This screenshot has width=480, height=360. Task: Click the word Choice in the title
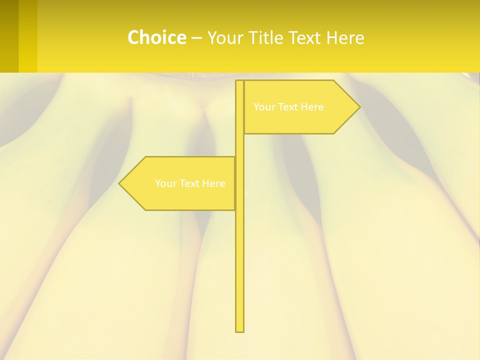click(156, 37)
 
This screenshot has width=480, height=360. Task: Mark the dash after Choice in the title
click(196, 38)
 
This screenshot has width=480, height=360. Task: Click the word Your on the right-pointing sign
click(263, 107)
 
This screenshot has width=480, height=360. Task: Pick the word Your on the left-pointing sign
click(165, 183)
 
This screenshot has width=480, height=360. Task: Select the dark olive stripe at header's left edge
click(9, 36)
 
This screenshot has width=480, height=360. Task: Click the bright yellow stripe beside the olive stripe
click(28, 36)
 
